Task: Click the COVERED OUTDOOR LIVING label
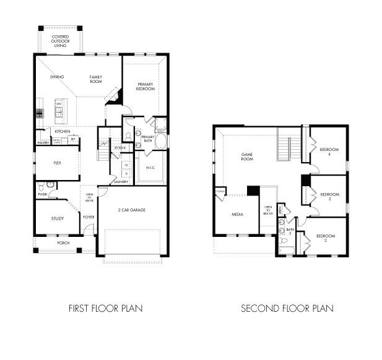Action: (x=61, y=41)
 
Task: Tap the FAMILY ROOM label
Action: (x=95, y=79)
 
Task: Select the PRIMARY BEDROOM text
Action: (x=145, y=87)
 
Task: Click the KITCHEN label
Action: (x=62, y=132)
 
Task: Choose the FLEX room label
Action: (x=56, y=164)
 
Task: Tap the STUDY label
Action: (x=58, y=218)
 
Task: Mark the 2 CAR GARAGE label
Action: (x=132, y=210)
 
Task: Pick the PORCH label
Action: (x=64, y=243)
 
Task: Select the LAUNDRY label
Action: (x=121, y=182)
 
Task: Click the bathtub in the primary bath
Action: (x=160, y=142)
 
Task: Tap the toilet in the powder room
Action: (x=40, y=186)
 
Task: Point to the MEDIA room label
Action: (x=237, y=215)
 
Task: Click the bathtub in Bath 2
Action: (x=287, y=251)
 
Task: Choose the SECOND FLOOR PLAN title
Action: (x=287, y=307)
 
